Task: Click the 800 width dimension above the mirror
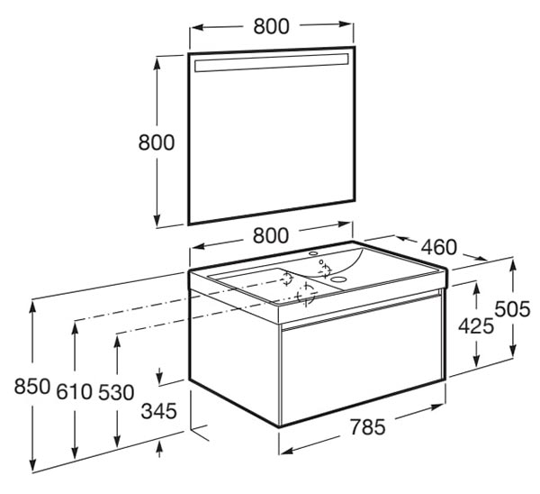(271, 26)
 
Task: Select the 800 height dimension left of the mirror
(157, 142)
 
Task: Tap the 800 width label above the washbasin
(271, 235)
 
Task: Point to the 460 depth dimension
(439, 247)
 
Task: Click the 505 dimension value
(512, 308)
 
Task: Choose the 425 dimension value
(476, 326)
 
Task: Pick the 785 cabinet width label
(368, 426)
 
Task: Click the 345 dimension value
(159, 411)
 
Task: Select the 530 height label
(116, 392)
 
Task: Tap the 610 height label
(75, 392)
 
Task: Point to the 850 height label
(32, 386)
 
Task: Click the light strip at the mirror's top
(272, 63)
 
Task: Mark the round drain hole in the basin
(340, 279)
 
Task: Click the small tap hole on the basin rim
(313, 253)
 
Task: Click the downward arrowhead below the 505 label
(513, 351)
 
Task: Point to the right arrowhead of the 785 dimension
(436, 407)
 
